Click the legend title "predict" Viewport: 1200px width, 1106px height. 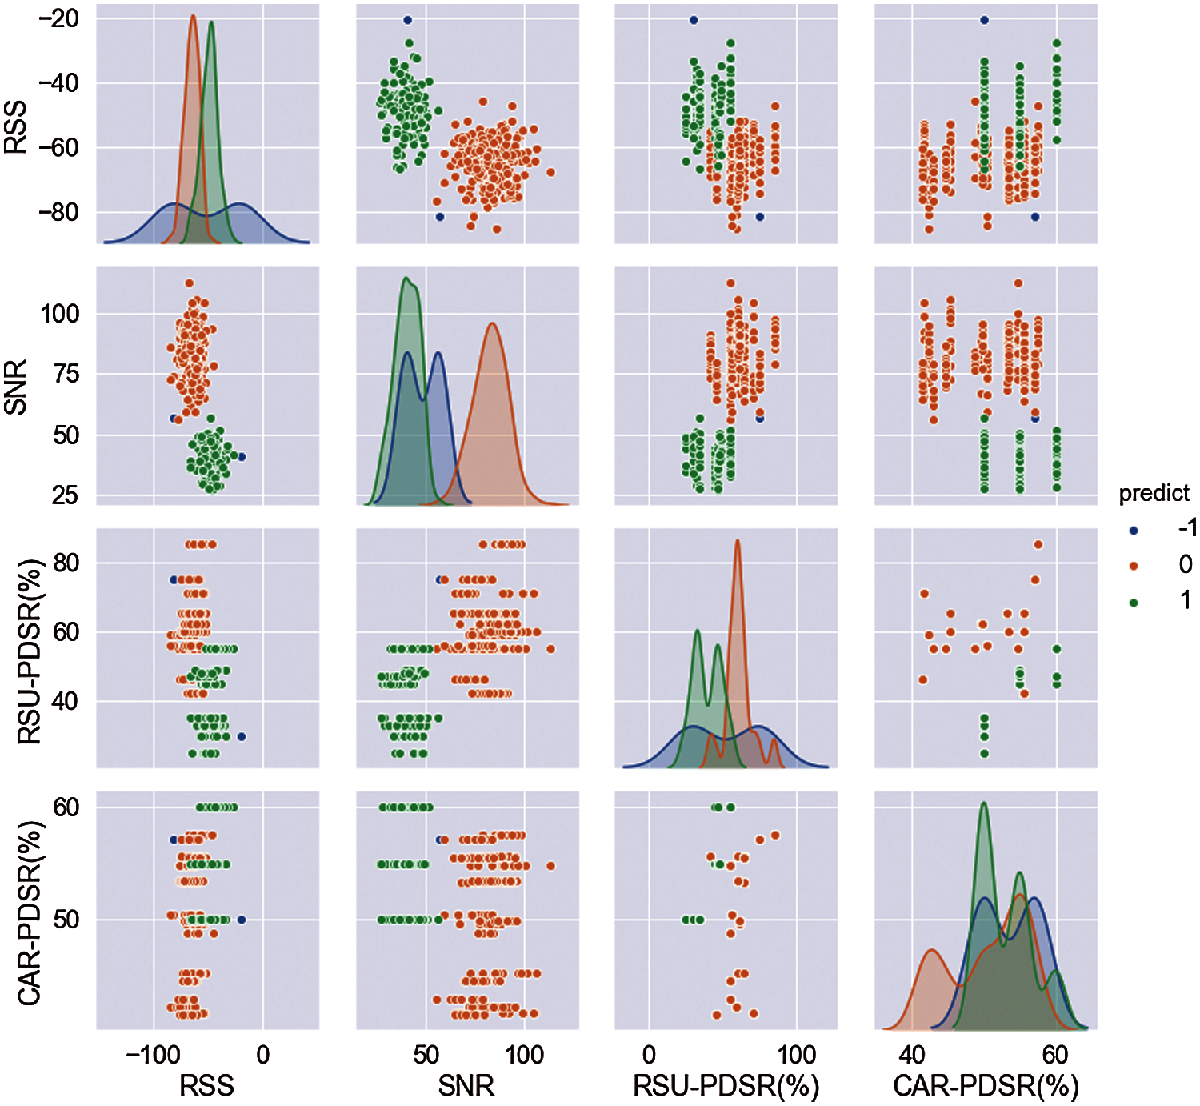point(1154,493)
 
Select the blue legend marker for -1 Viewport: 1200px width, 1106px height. point(1134,531)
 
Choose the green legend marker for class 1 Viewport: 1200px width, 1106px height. point(1134,602)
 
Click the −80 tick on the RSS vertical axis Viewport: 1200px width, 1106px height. point(58,212)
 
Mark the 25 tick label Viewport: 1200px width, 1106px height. point(64,495)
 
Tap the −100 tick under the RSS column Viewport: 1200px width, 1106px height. point(152,1054)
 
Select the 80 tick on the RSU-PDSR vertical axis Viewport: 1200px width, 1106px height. point(66,563)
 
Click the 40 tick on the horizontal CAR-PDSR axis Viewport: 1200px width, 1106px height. point(912,1054)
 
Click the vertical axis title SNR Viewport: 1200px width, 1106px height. point(16,387)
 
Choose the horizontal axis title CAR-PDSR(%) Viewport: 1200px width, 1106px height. point(986,1086)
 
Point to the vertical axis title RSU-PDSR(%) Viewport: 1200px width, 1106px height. point(29,648)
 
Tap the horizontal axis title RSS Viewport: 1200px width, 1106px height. point(206,1086)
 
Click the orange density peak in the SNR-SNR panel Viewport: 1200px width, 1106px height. point(493,324)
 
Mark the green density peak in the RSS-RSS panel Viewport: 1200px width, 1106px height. point(211,22)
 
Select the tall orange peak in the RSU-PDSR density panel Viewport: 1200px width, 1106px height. point(737,541)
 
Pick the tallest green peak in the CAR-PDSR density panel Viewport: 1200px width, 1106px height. point(984,803)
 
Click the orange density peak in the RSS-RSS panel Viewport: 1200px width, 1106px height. point(193,16)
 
